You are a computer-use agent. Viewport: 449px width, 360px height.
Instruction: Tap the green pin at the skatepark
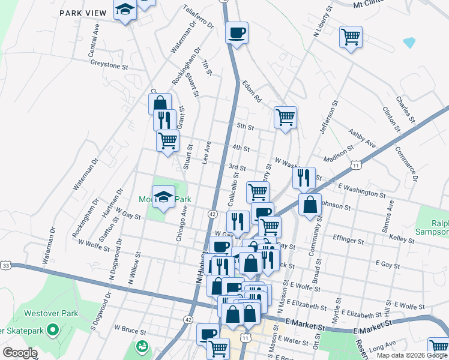click(52, 329)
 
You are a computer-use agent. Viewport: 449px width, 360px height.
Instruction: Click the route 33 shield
click(5, 265)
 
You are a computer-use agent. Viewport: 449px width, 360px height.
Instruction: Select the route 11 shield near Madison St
click(357, 164)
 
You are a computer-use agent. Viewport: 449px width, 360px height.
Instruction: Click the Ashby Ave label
click(363, 137)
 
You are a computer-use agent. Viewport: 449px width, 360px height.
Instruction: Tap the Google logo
click(20, 353)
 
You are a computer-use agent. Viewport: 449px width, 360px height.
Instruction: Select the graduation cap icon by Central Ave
click(125, 10)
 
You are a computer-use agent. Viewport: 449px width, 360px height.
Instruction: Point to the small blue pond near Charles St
click(409, 43)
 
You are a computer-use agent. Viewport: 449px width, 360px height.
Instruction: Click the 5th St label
click(246, 127)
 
